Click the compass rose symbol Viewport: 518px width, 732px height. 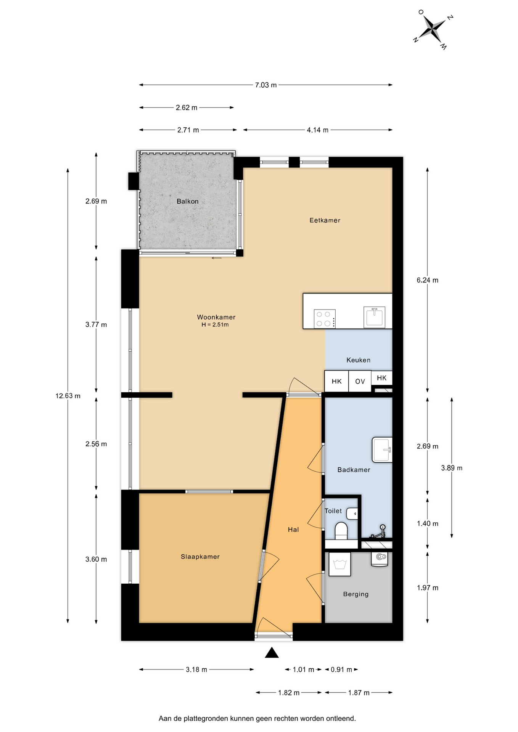pyautogui.click(x=433, y=29)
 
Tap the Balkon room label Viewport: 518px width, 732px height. pyautogui.click(x=187, y=201)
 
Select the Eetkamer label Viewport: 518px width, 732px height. pyautogui.click(x=325, y=220)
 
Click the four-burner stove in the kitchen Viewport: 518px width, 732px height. pyautogui.click(x=325, y=319)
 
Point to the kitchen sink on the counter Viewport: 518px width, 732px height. pyautogui.click(x=374, y=317)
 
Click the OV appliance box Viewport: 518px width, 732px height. pyautogui.click(x=360, y=381)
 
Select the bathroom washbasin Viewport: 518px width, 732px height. pyautogui.click(x=382, y=450)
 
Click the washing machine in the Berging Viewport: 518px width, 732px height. pyautogui.click(x=339, y=564)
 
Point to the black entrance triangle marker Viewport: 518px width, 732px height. pyautogui.click(x=272, y=653)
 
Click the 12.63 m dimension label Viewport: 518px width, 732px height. pyautogui.click(x=68, y=396)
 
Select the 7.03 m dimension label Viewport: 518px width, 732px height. pyautogui.click(x=266, y=85)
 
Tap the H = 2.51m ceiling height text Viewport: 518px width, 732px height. pyautogui.click(x=215, y=325)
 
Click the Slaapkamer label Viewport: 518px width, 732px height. pyautogui.click(x=200, y=557)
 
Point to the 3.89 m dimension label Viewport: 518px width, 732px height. pyautogui.click(x=452, y=468)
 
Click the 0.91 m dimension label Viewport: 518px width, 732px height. pyautogui.click(x=341, y=669)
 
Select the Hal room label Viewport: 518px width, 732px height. pyautogui.click(x=293, y=530)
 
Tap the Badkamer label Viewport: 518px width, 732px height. pyautogui.click(x=354, y=470)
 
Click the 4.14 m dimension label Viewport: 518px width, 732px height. pyautogui.click(x=317, y=130)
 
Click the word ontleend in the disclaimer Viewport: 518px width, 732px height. pyautogui.click(x=341, y=719)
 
